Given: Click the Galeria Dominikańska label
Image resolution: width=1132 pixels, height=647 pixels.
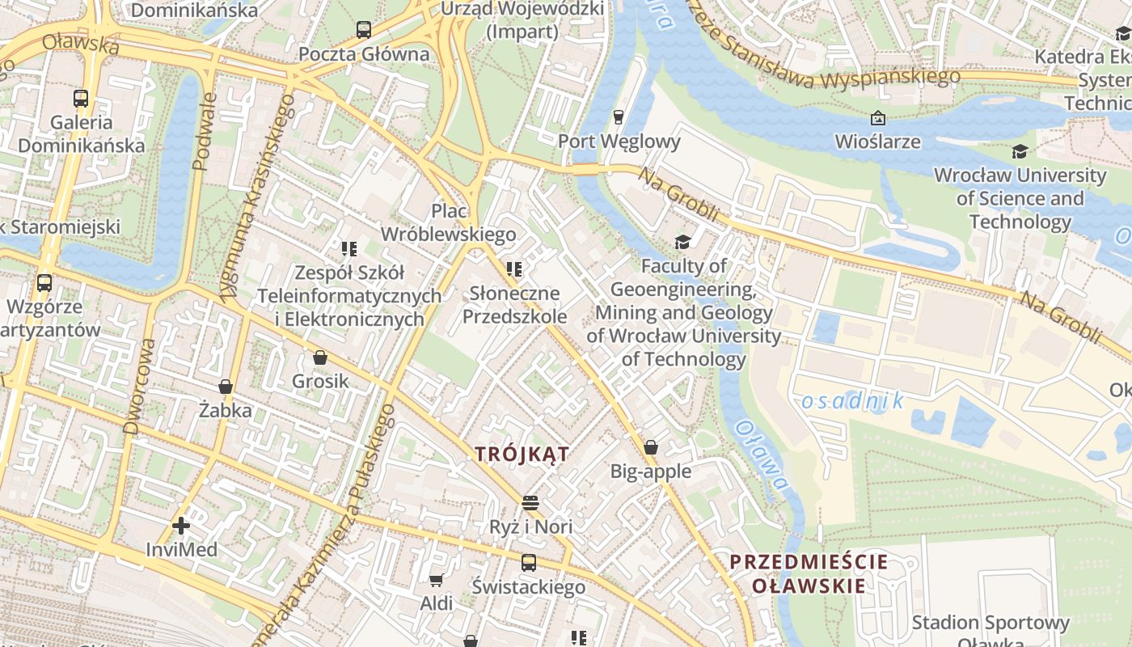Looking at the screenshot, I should [x=81, y=134].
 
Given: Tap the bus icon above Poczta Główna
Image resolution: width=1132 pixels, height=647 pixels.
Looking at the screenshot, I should [x=364, y=30].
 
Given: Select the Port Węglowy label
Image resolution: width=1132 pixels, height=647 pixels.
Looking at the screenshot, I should [x=619, y=142].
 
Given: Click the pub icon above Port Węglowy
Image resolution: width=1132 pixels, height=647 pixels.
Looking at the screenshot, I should [x=619, y=117].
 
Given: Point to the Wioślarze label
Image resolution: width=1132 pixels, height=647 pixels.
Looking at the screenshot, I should [x=877, y=142].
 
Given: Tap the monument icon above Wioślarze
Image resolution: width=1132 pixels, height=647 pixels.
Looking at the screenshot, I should [x=877, y=118].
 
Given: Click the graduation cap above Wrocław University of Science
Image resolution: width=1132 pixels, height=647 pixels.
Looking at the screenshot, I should [x=1020, y=151].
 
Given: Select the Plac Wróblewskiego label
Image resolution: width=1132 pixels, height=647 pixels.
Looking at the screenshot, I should [x=448, y=222].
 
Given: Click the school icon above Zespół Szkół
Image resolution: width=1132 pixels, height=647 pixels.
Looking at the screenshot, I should [x=349, y=248].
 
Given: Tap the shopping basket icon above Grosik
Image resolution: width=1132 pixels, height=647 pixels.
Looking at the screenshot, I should [x=320, y=357].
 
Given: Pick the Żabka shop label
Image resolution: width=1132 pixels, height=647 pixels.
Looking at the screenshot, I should [x=226, y=410].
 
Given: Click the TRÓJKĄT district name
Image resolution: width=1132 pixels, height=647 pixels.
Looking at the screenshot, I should [x=522, y=454].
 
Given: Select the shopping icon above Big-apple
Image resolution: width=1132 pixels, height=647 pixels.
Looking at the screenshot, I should [x=651, y=447].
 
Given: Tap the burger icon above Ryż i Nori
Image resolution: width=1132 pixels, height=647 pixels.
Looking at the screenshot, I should [x=530, y=503].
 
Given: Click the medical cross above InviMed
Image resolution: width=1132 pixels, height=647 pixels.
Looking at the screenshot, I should [x=181, y=526].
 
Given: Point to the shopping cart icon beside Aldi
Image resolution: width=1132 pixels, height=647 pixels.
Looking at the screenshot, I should [x=437, y=580].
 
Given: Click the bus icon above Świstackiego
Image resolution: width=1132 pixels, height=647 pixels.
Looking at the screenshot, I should [x=529, y=562].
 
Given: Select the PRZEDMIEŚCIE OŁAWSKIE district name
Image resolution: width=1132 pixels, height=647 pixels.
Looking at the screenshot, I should [x=809, y=573].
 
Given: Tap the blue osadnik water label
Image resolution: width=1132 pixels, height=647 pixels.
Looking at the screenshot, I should [x=852, y=401].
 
